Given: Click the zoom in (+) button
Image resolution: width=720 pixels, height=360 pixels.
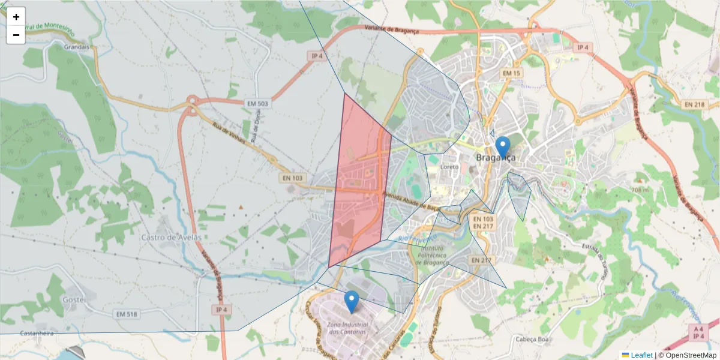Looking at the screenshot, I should (x=16, y=17).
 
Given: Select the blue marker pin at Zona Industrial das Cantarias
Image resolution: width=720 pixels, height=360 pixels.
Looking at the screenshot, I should (x=352, y=301).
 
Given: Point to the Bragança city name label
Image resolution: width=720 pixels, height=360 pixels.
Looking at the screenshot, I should (x=496, y=158).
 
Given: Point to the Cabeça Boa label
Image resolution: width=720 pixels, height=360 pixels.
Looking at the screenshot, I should (x=533, y=339).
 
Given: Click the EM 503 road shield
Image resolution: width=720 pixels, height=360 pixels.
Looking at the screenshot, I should (x=258, y=104).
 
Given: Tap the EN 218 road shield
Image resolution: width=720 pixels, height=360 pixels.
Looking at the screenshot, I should (x=694, y=104).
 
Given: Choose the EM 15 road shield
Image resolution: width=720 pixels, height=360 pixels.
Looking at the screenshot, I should (x=512, y=73).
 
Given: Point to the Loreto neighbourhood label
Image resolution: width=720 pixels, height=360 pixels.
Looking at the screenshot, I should (x=449, y=167).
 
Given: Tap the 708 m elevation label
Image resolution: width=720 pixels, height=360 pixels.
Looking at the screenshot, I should (x=640, y=190).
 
